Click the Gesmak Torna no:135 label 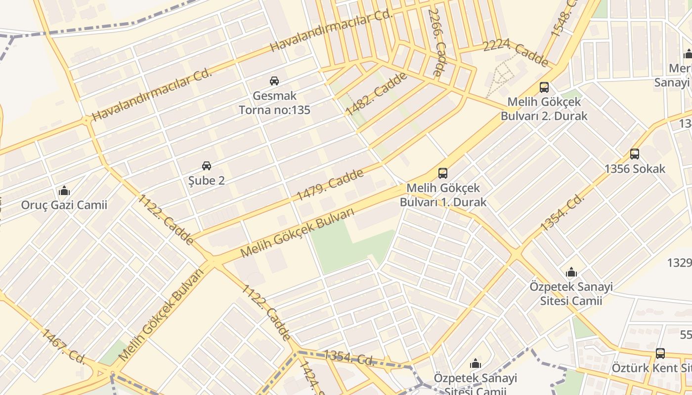pyautogui.click(x=274, y=102)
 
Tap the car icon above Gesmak pyautogui.click(x=274, y=80)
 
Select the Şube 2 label pyautogui.click(x=207, y=180)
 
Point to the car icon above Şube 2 pyautogui.click(x=207, y=165)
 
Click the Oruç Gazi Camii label pyautogui.click(x=64, y=204)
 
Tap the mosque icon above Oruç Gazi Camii pyautogui.click(x=64, y=191)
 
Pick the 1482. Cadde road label pyautogui.click(x=377, y=93)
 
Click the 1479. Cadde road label pyautogui.click(x=330, y=185)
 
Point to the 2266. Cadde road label pyautogui.click(x=437, y=42)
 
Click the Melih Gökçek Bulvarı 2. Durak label pyautogui.click(x=544, y=109)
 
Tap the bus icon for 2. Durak pyautogui.click(x=544, y=87)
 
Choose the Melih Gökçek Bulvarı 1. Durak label pyautogui.click(x=443, y=195)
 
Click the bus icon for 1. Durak pyautogui.click(x=443, y=173)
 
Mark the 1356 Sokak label pyautogui.click(x=635, y=168)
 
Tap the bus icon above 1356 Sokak pyautogui.click(x=635, y=154)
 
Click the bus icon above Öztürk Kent pyautogui.click(x=660, y=354)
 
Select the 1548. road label pyautogui.click(x=564, y=20)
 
